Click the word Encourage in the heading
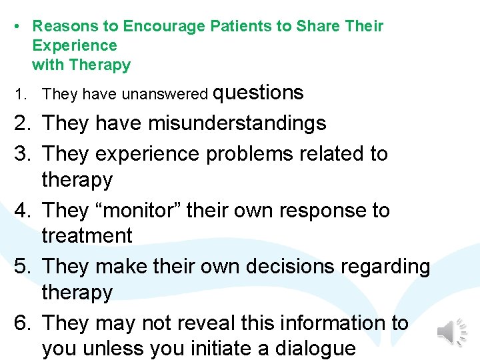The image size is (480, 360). point(165,27)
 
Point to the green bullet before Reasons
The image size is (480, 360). point(15,27)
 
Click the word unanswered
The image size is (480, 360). point(165,95)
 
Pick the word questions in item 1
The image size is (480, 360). point(258,93)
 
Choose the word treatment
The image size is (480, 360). point(87,235)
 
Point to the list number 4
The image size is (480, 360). point(22,210)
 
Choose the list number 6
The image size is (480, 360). point(22,323)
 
